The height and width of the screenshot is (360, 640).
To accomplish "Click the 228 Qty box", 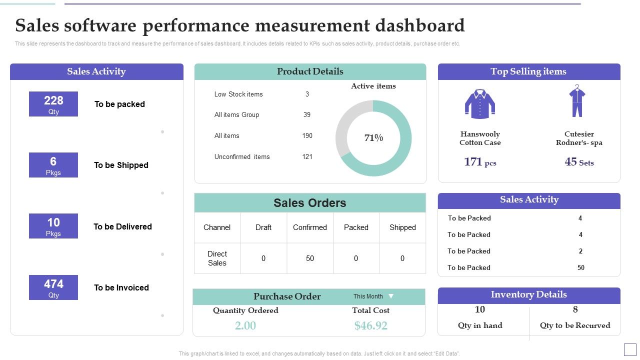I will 53,104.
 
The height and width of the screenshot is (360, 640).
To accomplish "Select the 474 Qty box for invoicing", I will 53,287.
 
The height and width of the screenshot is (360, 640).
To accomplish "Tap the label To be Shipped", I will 121,165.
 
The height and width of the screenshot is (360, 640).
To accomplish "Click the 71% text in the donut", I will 373,138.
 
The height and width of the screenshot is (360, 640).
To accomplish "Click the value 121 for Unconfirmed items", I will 307,157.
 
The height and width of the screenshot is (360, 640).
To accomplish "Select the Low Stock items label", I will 238,94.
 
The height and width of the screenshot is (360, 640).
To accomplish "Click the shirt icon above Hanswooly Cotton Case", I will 480,104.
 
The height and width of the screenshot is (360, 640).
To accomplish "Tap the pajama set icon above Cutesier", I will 577,101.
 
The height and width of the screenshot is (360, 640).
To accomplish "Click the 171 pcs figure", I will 479,162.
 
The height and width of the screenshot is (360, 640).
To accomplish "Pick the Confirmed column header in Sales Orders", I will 310,227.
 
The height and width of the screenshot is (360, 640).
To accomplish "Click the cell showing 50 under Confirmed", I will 310,258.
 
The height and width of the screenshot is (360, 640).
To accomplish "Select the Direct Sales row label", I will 217,258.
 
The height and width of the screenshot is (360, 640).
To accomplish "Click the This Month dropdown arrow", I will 391,296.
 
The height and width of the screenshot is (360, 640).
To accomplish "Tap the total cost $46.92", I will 370,326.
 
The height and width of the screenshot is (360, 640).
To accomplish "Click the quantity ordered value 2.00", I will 245,326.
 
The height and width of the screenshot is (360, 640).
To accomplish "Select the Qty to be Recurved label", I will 575,325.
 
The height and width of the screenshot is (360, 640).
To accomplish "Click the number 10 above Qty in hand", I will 479,309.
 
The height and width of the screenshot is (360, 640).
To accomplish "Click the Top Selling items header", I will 528,71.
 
